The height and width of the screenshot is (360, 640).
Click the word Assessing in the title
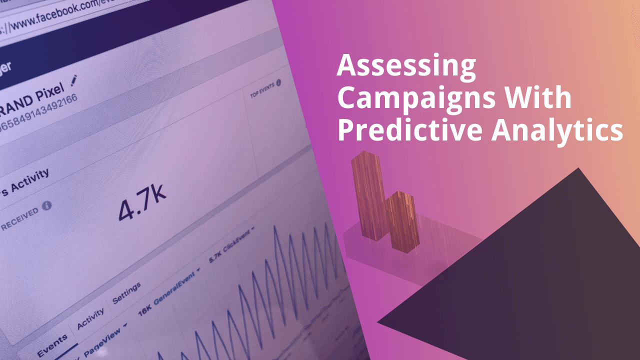click(x=406, y=67)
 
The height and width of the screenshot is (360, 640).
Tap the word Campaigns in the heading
click(x=414, y=98)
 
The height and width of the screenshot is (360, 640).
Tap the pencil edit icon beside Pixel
click(x=74, y=80)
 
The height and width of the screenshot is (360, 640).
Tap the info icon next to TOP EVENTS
click(x=278, y=82)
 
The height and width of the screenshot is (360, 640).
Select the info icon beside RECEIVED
click(x=47, y=205)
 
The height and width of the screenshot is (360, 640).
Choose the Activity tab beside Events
click(x=90, y=318)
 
